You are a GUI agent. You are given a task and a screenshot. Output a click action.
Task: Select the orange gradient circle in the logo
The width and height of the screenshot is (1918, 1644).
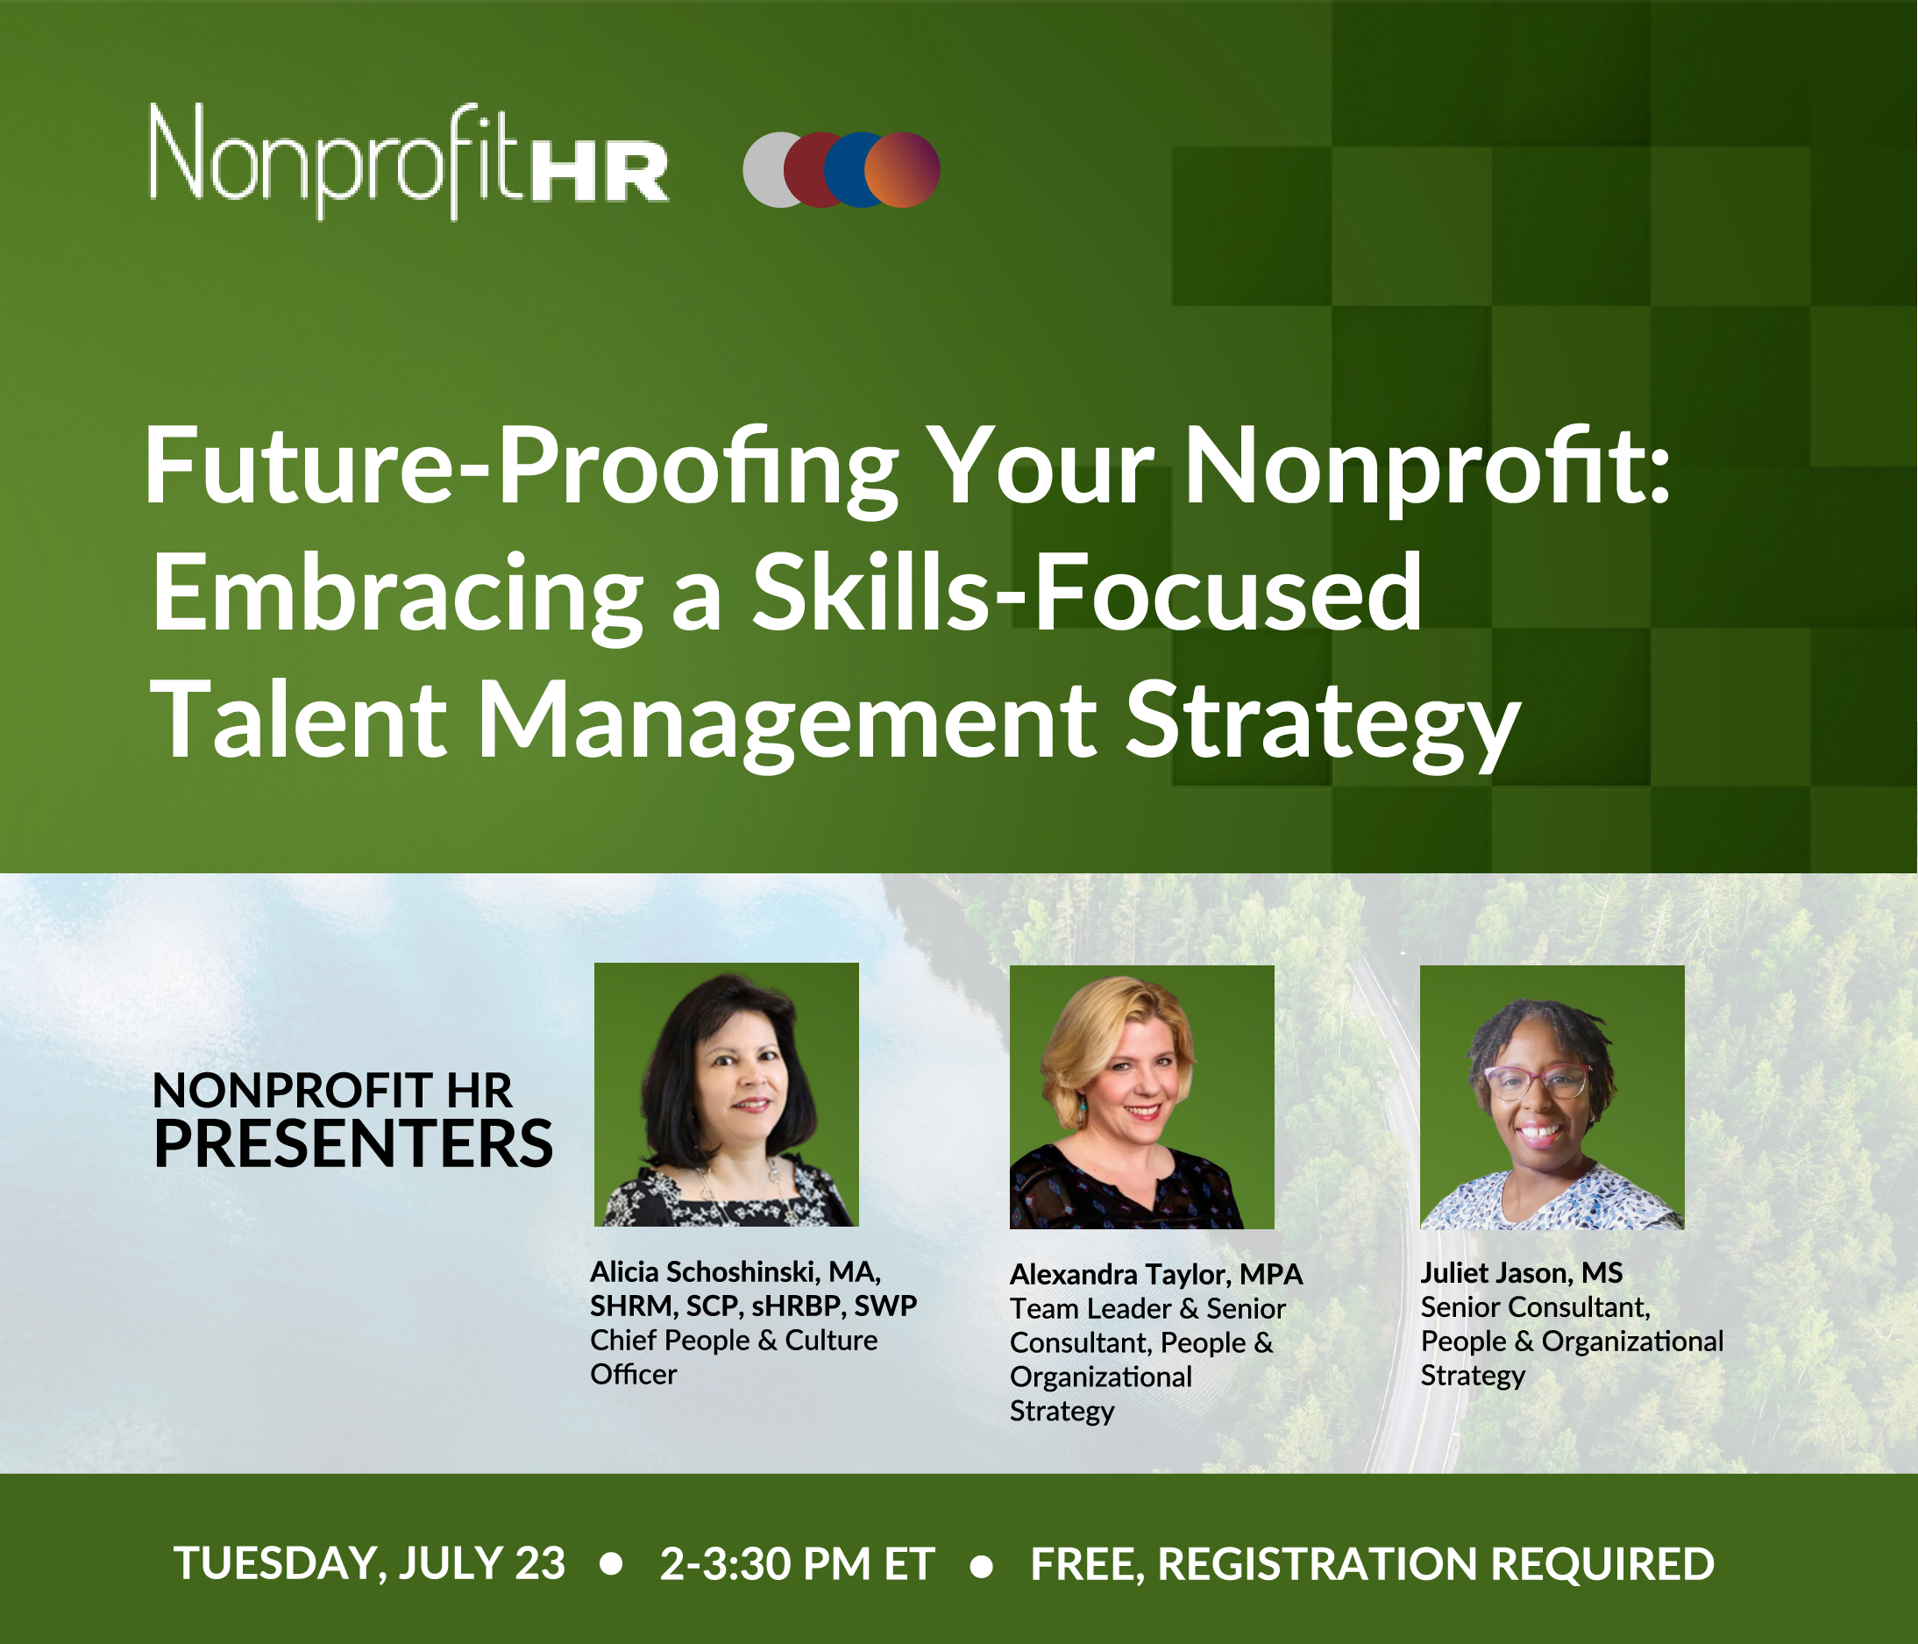903,169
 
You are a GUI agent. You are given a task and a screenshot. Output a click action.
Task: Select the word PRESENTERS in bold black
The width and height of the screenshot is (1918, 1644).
352,1143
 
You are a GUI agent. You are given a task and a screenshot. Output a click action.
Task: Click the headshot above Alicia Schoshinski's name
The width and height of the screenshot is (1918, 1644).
727,1094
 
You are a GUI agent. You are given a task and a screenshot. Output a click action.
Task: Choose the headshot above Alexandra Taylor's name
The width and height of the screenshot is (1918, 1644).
1141,1097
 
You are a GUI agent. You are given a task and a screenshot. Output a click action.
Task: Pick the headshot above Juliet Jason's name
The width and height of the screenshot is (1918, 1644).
1552,1097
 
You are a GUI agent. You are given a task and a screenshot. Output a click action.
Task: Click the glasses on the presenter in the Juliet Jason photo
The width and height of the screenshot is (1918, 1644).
1537,1081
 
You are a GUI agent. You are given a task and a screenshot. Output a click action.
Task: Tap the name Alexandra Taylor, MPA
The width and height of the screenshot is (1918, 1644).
1156,1276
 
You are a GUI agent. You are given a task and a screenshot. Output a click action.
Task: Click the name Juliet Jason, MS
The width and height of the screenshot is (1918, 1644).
1522,1274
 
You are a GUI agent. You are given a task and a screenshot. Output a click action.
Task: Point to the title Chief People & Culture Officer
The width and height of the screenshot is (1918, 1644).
734,1357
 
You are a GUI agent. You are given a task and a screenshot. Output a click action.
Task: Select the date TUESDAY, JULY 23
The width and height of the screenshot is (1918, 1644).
369,1564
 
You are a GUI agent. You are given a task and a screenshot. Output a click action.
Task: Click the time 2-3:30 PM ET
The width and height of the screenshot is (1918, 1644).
797,1564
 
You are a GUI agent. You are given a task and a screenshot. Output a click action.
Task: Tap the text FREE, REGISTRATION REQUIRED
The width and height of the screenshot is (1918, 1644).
1373,1564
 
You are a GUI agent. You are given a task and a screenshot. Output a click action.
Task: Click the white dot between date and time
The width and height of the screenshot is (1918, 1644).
611,1564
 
